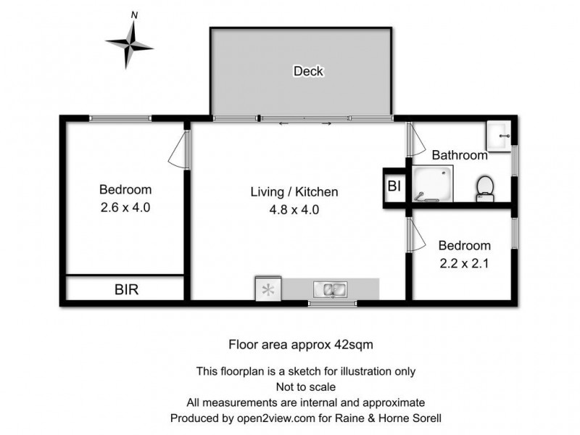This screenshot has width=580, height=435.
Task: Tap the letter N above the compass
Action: [133, 14]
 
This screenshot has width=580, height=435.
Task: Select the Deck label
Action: [308, 71]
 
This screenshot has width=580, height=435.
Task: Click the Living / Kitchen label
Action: [294, 192]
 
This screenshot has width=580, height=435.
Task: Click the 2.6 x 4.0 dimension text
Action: [125, 207]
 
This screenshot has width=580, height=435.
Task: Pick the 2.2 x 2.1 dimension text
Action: [465, 264]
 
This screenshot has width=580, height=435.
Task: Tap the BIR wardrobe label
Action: [126, 289]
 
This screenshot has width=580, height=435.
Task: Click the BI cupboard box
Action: [394, 187]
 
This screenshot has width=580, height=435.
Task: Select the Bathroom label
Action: [459, 154]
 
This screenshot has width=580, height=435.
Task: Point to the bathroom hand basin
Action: [499, 134]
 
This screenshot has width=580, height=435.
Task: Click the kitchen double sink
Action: [331, 290]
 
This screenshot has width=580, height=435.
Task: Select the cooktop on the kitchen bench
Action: [268, 290]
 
